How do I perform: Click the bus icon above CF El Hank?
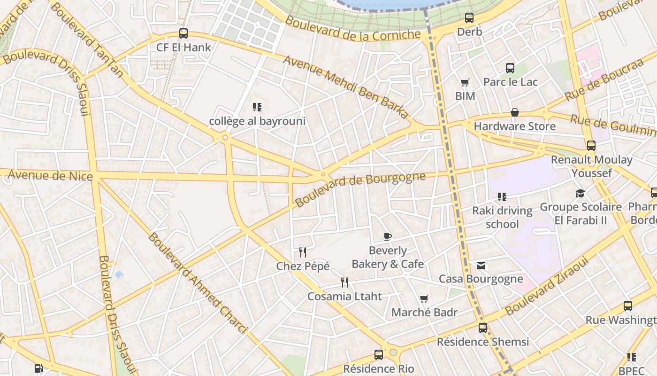point(183,33)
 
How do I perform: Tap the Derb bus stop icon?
point(469,18)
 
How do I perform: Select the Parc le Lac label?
point(510,82)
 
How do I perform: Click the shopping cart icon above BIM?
point(465,83)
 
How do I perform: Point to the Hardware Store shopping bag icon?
point(515,113)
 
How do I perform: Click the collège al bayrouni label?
point(257,121)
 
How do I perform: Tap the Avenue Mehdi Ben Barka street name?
point(346,87)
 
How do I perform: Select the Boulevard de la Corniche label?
point(353,29)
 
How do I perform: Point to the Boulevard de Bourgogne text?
point(360,189)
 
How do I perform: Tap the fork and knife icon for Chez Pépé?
point(303,252)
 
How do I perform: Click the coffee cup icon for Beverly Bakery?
point(387,236)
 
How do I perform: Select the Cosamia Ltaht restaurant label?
point(344,297)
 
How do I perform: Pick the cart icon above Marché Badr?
point(424,298)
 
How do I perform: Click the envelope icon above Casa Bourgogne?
point(481,266)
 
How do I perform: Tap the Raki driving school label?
point(502,217)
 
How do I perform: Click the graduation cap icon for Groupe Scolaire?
point(580,193)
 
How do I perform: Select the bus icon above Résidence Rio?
point(379,355)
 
